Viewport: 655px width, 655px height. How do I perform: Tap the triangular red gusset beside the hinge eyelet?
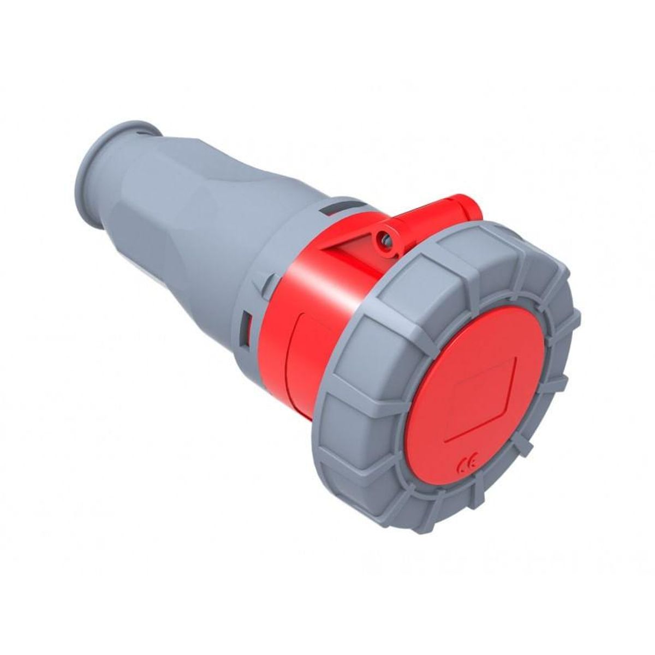coord(349,240)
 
